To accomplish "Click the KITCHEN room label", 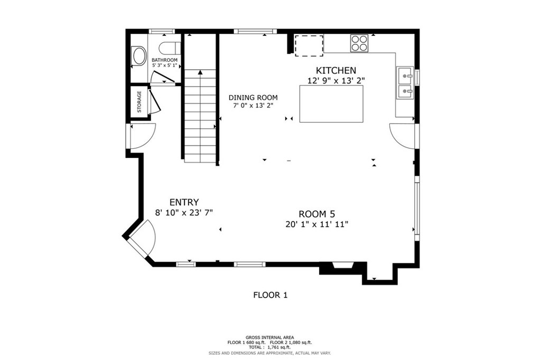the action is (336, 70).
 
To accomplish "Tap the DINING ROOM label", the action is (253, 98).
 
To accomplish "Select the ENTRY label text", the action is (184, 202).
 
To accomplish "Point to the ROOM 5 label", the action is (317, 214).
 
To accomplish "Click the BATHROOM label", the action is (165, 60).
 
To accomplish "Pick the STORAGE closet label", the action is (139, 102).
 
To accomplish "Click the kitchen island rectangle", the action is (331, 104).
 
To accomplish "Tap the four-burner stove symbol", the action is (359, 43).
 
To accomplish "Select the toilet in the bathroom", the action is (170, 48).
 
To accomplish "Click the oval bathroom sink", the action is (139, 55).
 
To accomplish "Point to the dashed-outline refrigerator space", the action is (309, 45).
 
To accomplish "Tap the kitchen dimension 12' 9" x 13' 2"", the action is (336, 81).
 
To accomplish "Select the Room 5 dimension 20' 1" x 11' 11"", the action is (317, 224).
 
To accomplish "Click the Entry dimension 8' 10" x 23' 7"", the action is (184, 213).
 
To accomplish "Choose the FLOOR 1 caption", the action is (270, 295).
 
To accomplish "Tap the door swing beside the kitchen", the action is (402, 136).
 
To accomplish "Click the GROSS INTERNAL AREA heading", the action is (270, 337).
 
